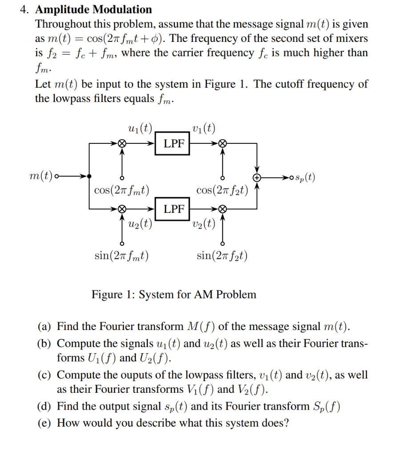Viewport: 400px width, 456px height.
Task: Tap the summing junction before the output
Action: pos(257,177)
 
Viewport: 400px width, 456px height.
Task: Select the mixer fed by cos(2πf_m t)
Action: pos(121,143)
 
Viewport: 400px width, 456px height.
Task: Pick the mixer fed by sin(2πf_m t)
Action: pos(121,208)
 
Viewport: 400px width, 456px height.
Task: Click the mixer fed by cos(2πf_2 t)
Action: pos(222,143)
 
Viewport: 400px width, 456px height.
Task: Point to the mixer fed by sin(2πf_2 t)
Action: pos(222,208)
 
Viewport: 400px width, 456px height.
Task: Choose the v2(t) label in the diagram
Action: pos(203,223)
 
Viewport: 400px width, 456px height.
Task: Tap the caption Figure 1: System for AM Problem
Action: pos(174,294)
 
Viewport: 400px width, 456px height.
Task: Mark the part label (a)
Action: pos(45,327)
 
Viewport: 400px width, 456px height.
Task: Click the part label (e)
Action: pos(45,423)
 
